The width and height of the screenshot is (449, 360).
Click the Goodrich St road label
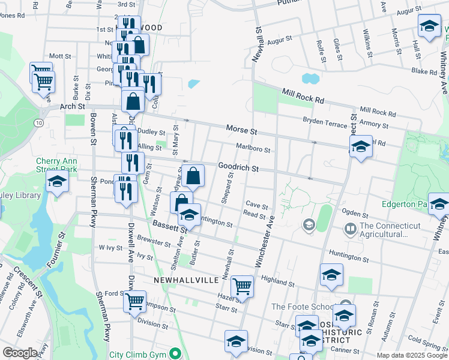pos(238,167)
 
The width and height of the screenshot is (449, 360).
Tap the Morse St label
pos(241,130)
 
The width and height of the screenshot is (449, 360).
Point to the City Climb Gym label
pos(139,354)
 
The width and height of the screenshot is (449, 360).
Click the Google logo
pos(20,353)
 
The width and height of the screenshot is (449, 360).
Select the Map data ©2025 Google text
pos(411,355)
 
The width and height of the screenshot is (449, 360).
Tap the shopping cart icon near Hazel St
pos(242,286)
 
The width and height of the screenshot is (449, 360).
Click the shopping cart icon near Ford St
pos(135,301)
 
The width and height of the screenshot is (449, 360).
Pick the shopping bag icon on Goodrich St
pos(193,176)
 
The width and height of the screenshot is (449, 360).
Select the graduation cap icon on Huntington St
pos(189,216)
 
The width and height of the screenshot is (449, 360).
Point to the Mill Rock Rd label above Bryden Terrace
pos(303,95)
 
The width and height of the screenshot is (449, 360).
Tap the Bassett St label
pos(166,227)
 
